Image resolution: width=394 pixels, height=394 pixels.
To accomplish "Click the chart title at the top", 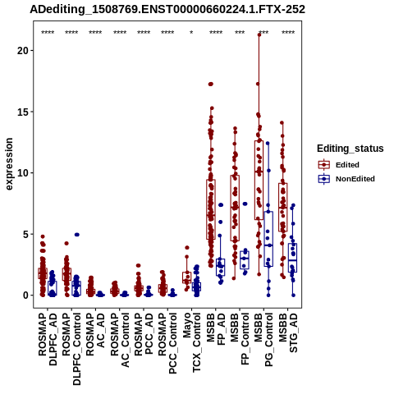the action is [167, 10].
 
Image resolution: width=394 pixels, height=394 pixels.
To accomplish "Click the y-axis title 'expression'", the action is [9, 164].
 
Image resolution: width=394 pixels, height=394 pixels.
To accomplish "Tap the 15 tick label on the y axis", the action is [24, 112].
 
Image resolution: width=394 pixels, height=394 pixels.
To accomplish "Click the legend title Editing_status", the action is [350, 149].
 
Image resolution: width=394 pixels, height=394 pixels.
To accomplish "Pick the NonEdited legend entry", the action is [346, 179].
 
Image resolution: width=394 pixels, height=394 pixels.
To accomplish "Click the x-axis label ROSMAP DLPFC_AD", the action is [48, 339].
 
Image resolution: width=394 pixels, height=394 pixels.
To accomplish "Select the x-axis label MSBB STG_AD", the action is [288, 333].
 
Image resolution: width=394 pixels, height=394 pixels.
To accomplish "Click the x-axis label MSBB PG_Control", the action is [263, 340].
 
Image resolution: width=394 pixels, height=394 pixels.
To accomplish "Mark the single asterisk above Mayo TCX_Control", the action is [191, 33].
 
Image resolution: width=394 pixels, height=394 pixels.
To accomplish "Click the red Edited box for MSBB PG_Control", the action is [259, 180].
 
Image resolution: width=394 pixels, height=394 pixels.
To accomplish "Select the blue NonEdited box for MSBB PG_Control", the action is [268, 239].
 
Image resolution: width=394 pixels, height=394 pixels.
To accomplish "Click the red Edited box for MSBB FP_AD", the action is [211, 209].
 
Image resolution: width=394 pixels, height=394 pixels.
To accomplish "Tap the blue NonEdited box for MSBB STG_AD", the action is [292, 258].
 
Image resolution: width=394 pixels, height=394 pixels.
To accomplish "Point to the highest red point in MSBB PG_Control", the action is [259, 34].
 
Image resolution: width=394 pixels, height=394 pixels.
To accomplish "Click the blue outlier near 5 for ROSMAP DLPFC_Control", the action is [77, 235].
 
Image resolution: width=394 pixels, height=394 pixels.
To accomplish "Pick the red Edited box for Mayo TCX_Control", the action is [187, 277].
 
